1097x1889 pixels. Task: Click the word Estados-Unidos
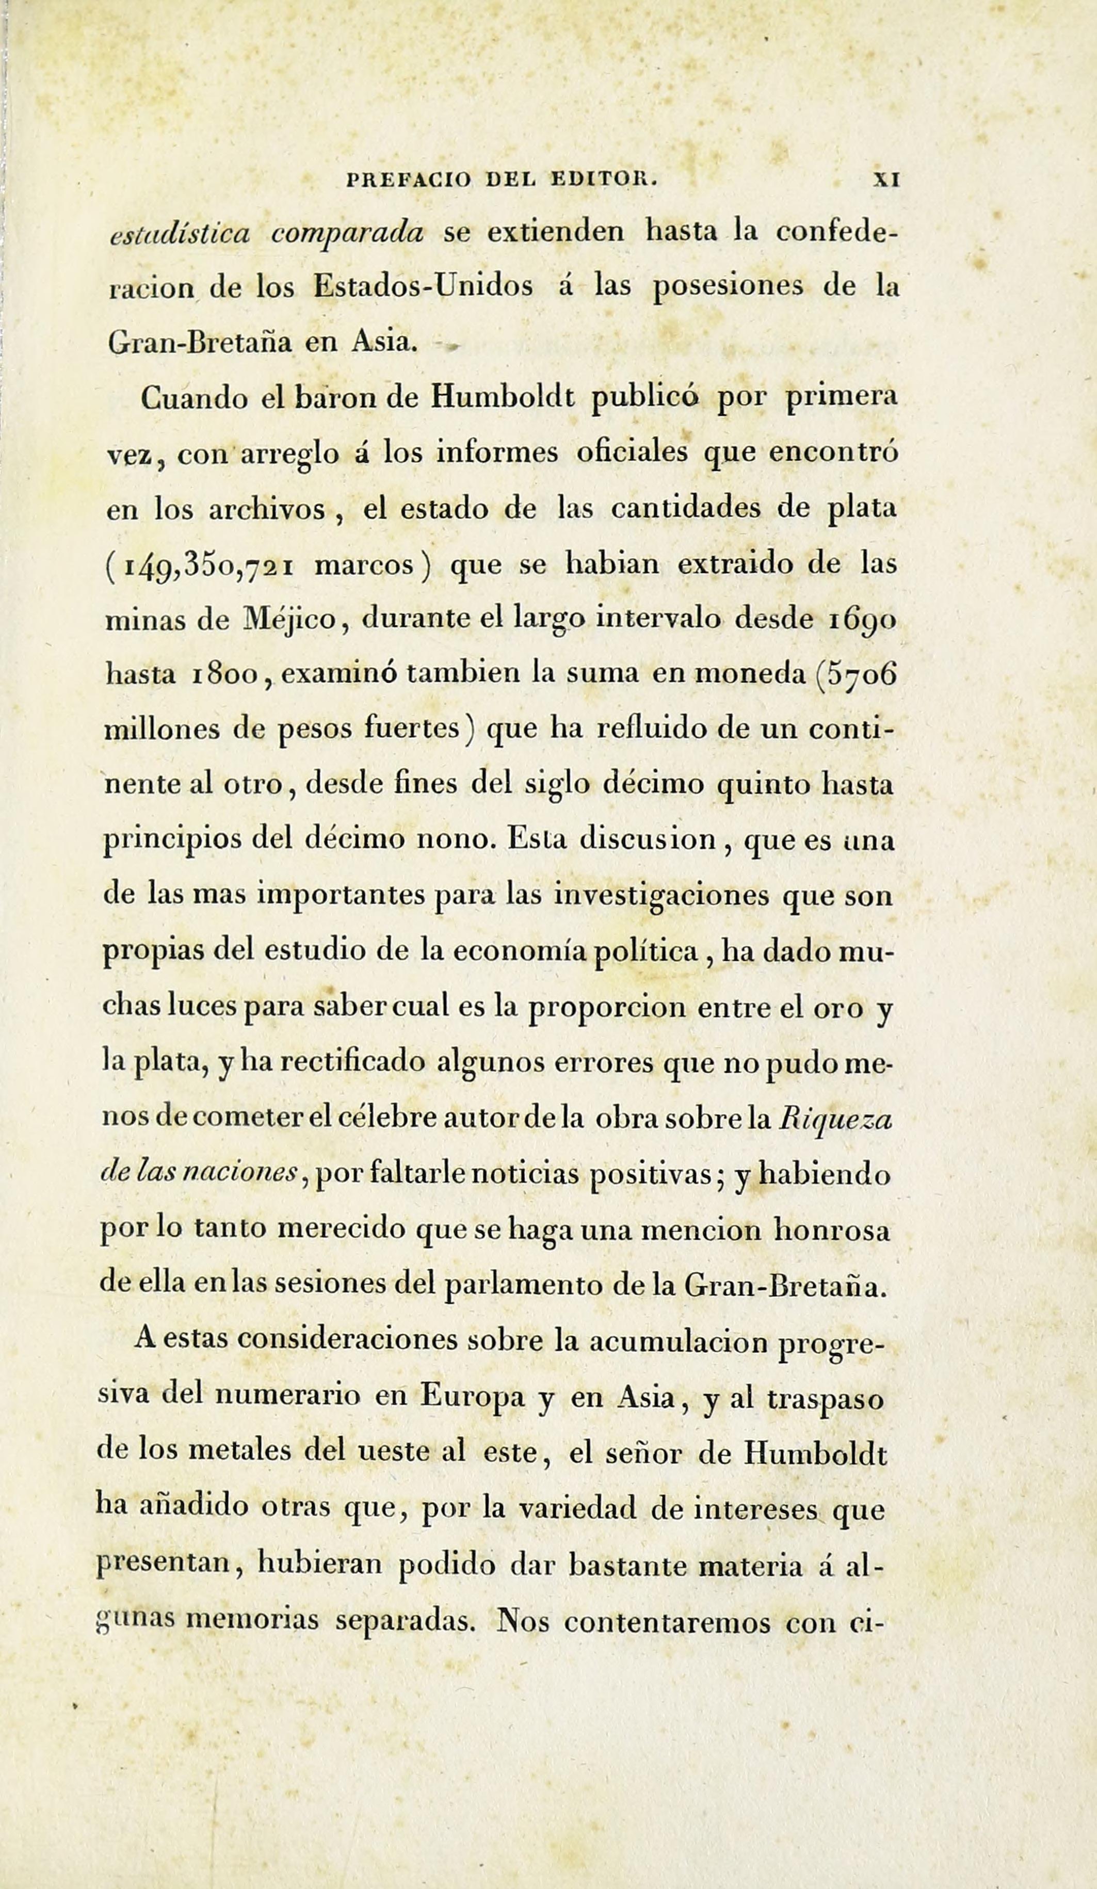coord(423,287)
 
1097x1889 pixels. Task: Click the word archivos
coord(266,510)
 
